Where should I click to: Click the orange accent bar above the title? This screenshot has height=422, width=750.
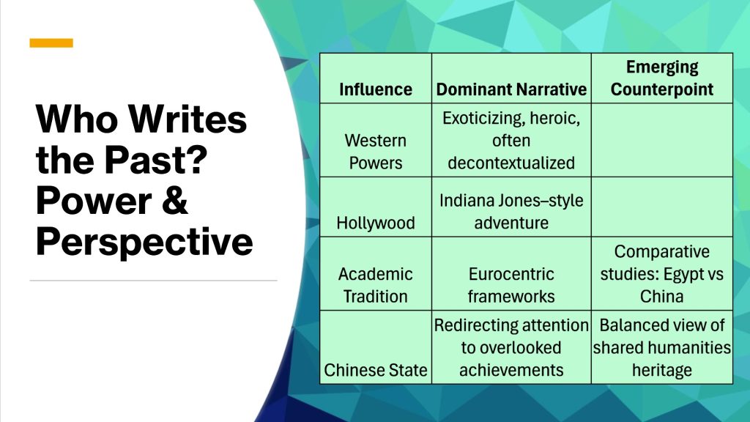51,43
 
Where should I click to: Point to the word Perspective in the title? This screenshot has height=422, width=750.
144,242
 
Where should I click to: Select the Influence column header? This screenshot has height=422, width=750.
376,89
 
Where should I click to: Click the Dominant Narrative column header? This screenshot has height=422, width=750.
511,89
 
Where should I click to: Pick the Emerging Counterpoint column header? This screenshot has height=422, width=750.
662,78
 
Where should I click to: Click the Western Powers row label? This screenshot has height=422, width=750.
376,152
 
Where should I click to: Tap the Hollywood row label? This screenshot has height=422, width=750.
376,223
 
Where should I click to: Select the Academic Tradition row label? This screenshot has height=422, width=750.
376,285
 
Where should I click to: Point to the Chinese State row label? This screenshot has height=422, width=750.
376,370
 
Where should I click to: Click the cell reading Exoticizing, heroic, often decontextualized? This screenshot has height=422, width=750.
511,140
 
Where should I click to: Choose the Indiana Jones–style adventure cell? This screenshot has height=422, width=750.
511,212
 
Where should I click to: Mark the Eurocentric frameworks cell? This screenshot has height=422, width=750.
511,285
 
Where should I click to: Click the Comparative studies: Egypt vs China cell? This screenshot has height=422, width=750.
662,274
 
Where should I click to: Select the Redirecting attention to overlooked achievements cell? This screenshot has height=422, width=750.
511,347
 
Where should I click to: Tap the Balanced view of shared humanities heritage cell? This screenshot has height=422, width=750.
662,347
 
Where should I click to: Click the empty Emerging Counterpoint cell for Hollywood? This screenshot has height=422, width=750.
662,207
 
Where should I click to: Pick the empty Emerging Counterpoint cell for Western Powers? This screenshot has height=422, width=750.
662,140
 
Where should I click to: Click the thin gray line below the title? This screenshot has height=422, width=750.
154,281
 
